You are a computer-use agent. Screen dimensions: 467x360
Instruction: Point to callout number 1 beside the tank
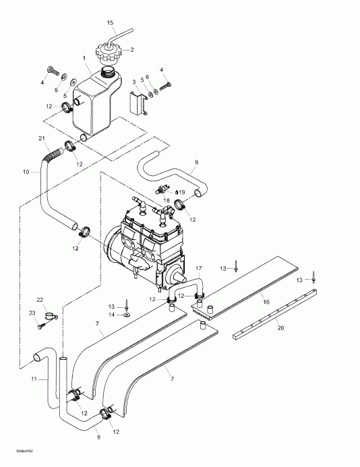[x=84, y=58]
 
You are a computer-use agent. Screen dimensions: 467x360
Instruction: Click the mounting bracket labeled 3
[x=138, y=105]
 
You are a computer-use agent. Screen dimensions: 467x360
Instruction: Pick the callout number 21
[x=42, y=139]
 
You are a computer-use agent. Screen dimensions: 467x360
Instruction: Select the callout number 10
[x=26, y=173]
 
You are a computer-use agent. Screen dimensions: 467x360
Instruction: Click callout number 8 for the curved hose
[x=196, y=162]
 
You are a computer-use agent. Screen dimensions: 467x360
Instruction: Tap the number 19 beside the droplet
[x=182, y=193]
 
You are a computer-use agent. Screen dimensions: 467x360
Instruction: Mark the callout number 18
[x=167, y=201]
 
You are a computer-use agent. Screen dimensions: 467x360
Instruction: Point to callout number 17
[x=199, y=269]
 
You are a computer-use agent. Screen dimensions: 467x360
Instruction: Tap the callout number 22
[x=40, y=300]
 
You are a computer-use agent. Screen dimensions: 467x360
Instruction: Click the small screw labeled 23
[x=42, y=325]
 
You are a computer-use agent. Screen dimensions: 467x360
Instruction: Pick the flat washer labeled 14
[x=127, y=314]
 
